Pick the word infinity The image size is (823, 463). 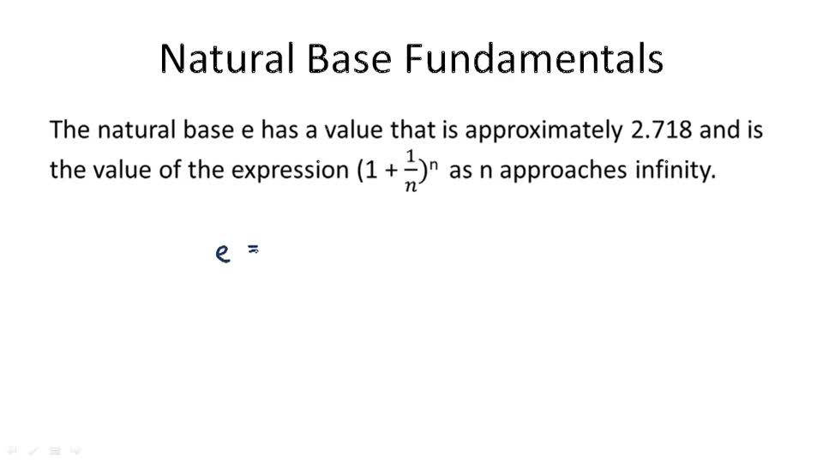(x=674, y=170)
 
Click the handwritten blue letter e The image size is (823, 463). (x=223, y=254)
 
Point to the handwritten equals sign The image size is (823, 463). (x=254, y=250)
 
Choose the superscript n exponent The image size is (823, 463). (x=434, y=161)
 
